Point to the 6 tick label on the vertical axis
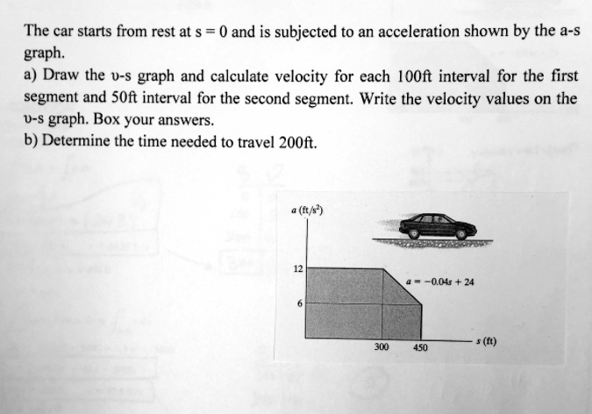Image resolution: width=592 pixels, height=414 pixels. click(x=299, y=303)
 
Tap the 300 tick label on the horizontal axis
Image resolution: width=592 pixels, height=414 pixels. click(x=382, y=347)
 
